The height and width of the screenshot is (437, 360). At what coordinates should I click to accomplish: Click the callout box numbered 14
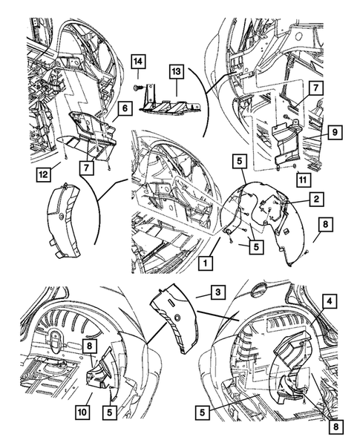pos(138,62)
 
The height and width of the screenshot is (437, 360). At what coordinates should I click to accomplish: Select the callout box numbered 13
pos(176,72)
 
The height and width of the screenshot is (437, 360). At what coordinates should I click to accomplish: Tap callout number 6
pos(125,108)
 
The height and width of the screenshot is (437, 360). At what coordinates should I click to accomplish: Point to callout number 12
pos(44,174)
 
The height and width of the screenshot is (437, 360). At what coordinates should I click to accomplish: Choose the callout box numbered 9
pos(335,132)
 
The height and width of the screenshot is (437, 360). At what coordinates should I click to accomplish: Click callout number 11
pos(303,180)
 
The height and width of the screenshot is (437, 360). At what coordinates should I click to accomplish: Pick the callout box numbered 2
pos(316,199)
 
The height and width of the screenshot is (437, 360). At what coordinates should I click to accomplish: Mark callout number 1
pos(206,263)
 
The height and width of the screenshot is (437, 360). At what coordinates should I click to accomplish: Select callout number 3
pos(217,292)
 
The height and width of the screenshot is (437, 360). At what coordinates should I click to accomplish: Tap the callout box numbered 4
pos(330,301)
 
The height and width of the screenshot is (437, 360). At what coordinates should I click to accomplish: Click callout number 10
pos(82,420)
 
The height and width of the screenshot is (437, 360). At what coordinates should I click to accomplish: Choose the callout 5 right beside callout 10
pos(110,420)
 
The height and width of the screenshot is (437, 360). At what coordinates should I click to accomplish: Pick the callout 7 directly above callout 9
pos(315,88)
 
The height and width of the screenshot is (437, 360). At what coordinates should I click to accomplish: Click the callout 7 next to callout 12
pos(87,168)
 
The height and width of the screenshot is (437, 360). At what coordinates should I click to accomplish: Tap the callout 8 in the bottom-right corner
pos(336,427)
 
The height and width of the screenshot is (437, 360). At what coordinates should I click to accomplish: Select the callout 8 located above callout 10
pos(89,346)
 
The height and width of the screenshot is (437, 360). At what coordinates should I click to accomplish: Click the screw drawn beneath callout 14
pos(137,88)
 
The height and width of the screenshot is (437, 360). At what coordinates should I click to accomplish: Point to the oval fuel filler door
pos(259,289)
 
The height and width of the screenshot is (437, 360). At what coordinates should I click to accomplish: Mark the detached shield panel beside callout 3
pos(174,318)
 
